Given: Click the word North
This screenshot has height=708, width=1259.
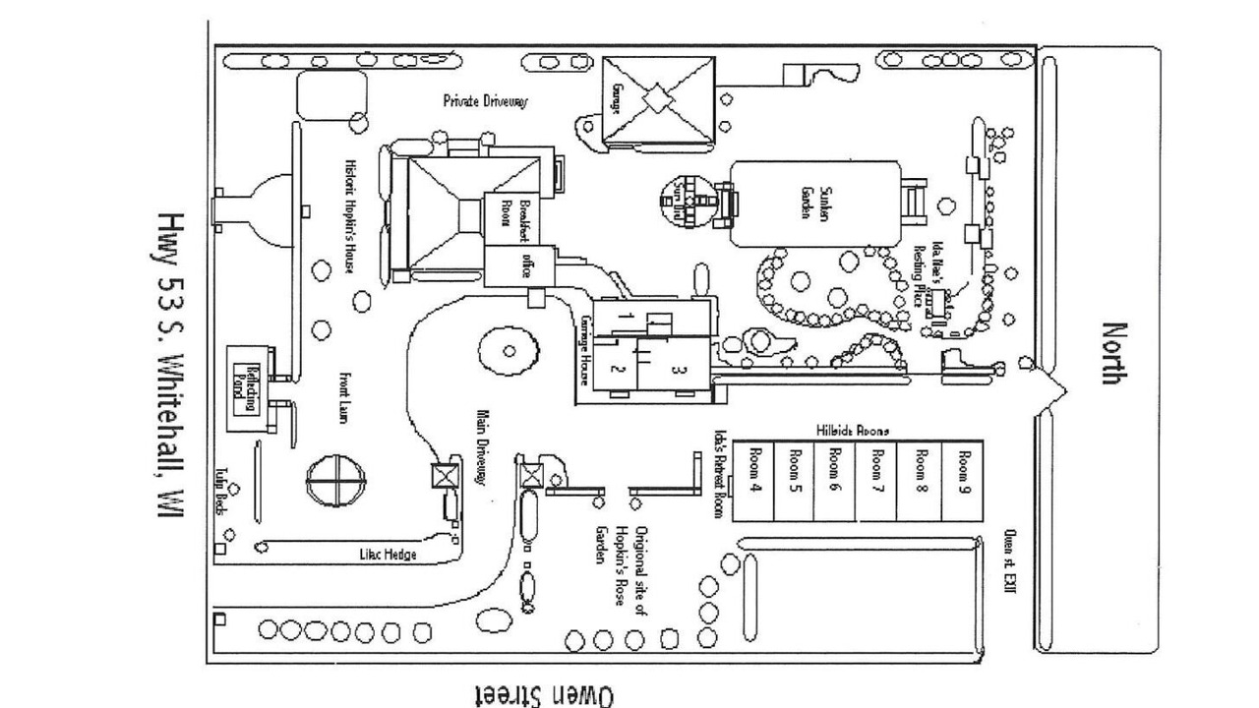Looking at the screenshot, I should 1112,352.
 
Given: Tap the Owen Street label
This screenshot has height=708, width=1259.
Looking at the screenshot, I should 545,695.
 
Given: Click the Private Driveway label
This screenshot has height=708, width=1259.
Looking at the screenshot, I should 485,101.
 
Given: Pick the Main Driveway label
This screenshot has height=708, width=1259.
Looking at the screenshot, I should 482,447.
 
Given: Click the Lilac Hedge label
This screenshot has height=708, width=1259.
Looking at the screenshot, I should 388,556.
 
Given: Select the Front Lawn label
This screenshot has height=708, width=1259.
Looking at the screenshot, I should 344,397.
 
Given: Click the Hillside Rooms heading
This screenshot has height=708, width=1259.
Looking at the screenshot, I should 852,431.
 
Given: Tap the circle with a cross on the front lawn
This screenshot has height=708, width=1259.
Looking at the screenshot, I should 336,481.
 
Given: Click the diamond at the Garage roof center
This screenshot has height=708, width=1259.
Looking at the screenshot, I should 657,99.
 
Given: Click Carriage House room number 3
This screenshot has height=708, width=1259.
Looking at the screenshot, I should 676,371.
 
